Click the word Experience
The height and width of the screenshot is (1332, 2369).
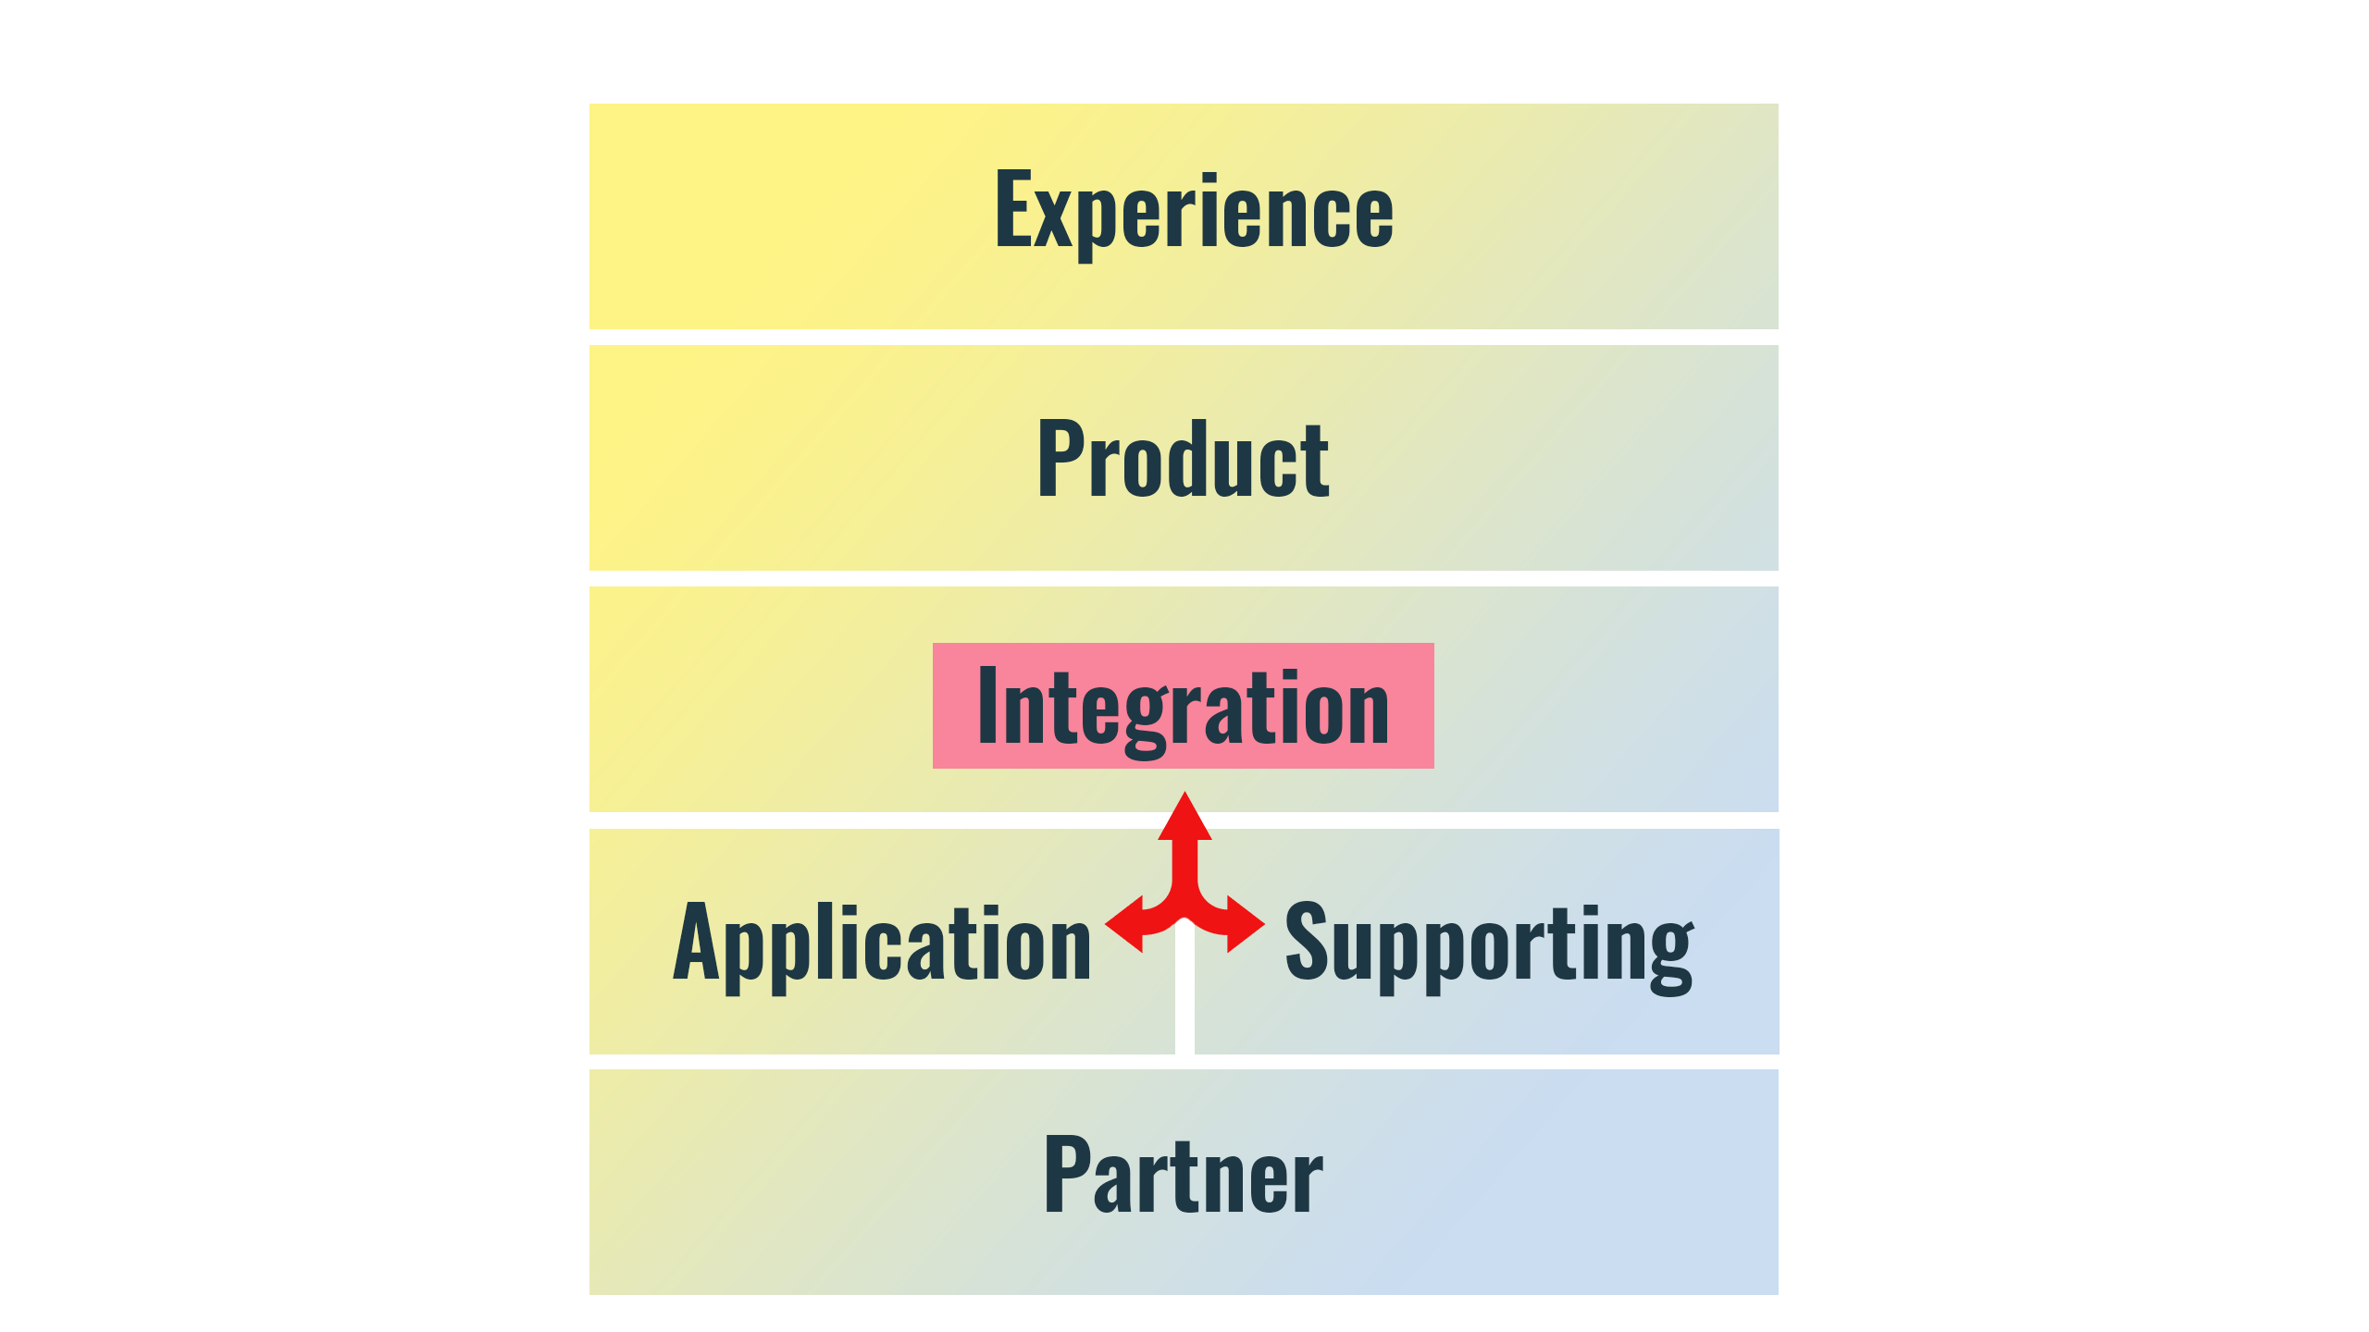(x=1194, y=211)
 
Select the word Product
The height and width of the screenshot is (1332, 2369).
(x=1184, y=459)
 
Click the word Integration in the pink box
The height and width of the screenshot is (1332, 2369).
(x=1183, y=707)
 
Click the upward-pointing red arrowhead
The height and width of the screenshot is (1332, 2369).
(x=1184, y=818)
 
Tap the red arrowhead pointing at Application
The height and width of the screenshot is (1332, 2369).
(x=1125, y=923)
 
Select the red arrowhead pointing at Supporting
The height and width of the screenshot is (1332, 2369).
(x=1246, y=923)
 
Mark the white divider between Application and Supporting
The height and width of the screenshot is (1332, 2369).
(x=1184, y=999)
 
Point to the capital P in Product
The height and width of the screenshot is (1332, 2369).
(x=1059, y=457)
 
